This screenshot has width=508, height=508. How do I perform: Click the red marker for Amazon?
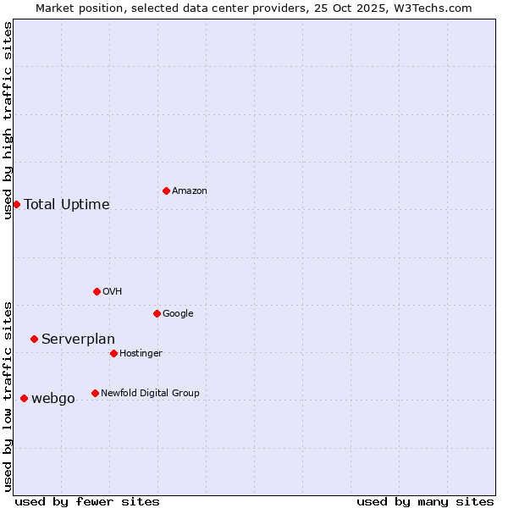[x=166, y=190]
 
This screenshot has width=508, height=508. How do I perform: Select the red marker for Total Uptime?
[x=16, y=204]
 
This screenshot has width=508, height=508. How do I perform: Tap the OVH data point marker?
[x=97, y=291]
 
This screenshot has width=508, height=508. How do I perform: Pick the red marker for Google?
[x=157, y=313]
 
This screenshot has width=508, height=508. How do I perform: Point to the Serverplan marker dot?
[x=34, y=339]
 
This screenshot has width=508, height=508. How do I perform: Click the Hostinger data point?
[x=113, y=353]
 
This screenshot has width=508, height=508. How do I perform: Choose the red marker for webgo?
[x=24, y=398]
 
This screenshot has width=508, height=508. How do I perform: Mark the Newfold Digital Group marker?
[x=95, y=393]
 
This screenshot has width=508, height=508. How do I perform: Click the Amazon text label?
[x=190, y=191]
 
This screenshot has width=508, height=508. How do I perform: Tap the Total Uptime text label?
[x=67, y=204]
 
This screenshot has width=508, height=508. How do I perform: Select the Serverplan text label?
[x=78, y=340]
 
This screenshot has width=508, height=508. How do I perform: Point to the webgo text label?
[x=53, y=399]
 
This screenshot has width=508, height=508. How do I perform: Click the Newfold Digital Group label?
[x=150, y=393]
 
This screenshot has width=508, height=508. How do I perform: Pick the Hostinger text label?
[x=141, y=353]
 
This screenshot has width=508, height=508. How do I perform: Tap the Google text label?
[x=178, y=313]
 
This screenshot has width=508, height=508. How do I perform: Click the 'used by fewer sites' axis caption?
[x=87, y=501]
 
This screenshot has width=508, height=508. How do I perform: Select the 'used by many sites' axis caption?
[x=425, y=501]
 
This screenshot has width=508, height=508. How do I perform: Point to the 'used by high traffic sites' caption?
[x=8, y=120]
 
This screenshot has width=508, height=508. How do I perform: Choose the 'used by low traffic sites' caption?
[x=8, y=396]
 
